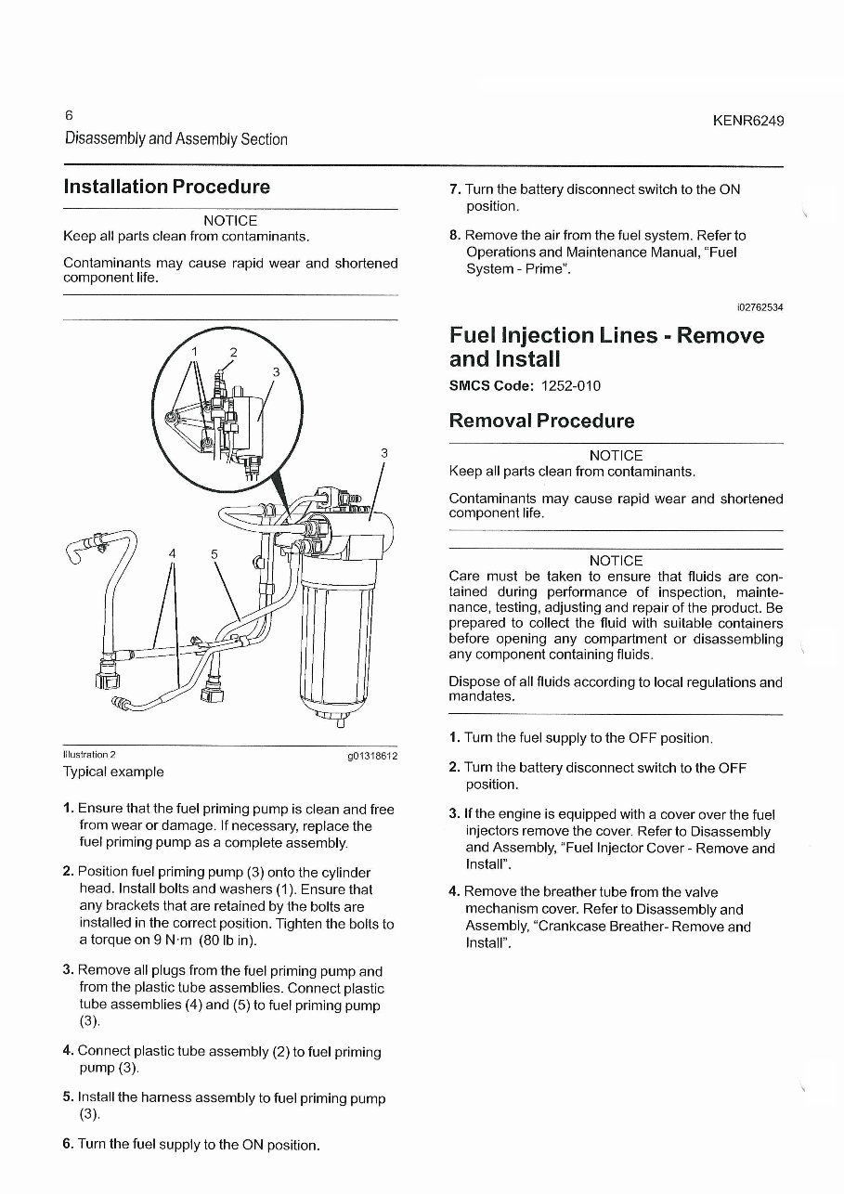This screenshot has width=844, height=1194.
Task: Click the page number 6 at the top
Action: tap(69, 116)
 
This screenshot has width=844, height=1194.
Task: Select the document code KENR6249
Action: tap(749, 121)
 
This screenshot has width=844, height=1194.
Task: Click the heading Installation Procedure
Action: tap(166, 187)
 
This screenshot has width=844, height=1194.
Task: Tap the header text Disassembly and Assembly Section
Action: tap(175, 139)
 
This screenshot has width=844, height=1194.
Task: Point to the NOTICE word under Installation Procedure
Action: tap(229, 220)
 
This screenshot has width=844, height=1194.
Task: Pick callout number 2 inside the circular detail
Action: tap(234, 352)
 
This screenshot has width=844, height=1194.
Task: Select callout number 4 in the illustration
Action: tap(172, 553)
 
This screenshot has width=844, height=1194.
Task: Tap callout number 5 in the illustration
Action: tap(214, 553)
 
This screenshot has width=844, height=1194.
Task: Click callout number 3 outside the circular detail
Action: tap(383, 453)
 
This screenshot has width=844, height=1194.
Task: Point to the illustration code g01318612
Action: tap(371, 756)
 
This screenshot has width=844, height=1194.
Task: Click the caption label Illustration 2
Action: tap(89, 755)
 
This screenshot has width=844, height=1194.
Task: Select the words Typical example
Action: tap(112, 772)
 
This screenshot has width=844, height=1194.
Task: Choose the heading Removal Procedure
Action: tap(541, 421)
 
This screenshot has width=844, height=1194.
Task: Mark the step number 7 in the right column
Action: tap(454, 189)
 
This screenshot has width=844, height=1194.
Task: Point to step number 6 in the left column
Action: tap(68, 1144)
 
